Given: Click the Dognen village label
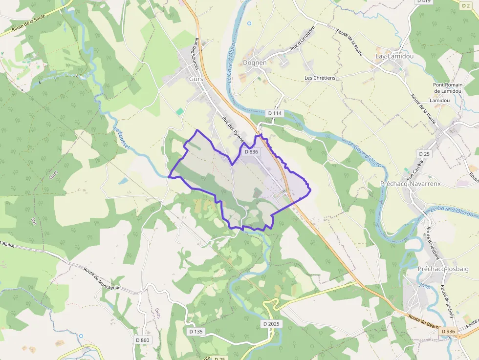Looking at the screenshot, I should (x=255, y=63).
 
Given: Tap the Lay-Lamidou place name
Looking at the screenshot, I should (x=394, y=56).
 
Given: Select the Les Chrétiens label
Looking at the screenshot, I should (x=320, y=78).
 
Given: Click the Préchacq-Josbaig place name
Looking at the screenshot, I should (x=443, y=269).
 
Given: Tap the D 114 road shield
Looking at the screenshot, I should (x=275, y=113).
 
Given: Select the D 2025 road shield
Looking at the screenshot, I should (x=271, y=324).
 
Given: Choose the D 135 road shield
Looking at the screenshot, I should (x=196, y=331).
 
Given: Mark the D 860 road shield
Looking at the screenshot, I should (x=142, y=339).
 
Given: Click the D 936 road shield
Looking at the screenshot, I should (x=448, y=332).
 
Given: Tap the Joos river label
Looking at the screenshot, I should (x=424, y=285).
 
